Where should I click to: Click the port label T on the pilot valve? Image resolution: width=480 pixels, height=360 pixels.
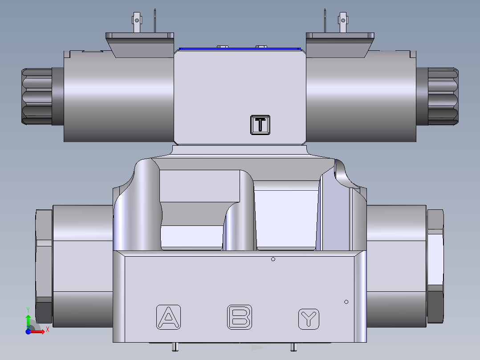260,124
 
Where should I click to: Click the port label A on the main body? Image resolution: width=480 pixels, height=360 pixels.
168,317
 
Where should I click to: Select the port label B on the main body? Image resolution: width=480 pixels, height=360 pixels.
240,317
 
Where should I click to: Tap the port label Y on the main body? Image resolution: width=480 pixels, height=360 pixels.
309,319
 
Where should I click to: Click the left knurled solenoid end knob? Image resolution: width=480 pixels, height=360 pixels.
37,96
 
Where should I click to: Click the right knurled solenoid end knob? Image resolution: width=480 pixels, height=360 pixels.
443,95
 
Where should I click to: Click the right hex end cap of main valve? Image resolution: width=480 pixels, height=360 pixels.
435,266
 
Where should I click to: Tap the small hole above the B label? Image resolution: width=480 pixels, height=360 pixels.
273,259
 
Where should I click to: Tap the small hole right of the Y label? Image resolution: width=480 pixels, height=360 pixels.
346,302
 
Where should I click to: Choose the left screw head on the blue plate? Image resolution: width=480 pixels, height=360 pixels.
221,47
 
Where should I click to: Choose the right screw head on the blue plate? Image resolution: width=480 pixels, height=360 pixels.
260,47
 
